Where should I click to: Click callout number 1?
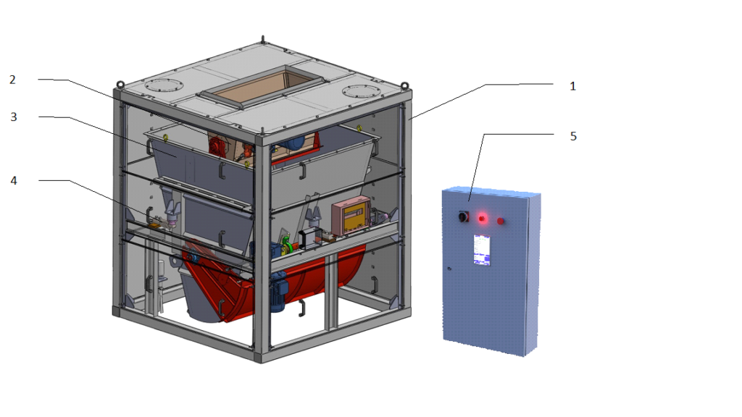point(572,87)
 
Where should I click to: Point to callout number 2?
point(13,80)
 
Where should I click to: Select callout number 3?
point(14,117)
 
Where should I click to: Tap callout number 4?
point(14,180)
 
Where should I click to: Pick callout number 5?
point(573,137)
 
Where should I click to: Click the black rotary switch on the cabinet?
point(463,216)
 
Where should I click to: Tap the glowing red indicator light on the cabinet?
point(482,219)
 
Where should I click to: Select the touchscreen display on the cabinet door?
point(482,250)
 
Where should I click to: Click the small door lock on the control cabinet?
point(449,269)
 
